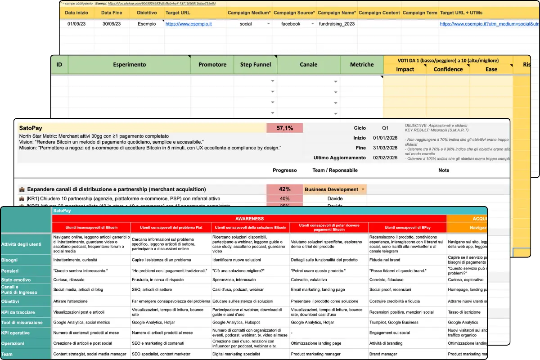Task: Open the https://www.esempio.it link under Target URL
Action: tap(189, 24)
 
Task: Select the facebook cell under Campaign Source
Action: tap(291, 24)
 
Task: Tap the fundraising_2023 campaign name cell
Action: tap(336, 24)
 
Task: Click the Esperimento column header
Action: tap(129, 65)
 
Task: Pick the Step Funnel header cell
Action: tap(255, 65)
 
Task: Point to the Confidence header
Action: tap(448, 69)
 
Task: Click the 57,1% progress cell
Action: tap(284, 128)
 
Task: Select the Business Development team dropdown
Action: tap(335, 189)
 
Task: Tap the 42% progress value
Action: tap(284, 189)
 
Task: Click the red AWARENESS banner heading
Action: tap(249, 218)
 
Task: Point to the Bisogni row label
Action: tap(9, 260)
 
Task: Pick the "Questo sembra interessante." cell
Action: tap(80, 271)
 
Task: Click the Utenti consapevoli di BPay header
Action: tap(407, 228)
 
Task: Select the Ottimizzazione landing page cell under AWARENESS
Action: tap(316, 343)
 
